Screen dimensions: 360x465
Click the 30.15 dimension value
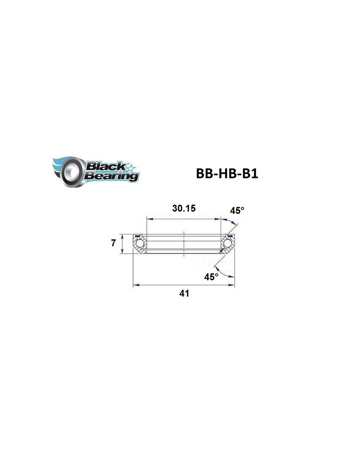[184, 208]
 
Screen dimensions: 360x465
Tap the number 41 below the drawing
[184, 293]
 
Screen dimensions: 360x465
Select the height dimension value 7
[114, 243]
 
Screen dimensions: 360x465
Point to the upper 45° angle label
[237, 211]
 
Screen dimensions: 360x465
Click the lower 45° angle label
[211, 277]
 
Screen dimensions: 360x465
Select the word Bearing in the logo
[112, 176]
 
